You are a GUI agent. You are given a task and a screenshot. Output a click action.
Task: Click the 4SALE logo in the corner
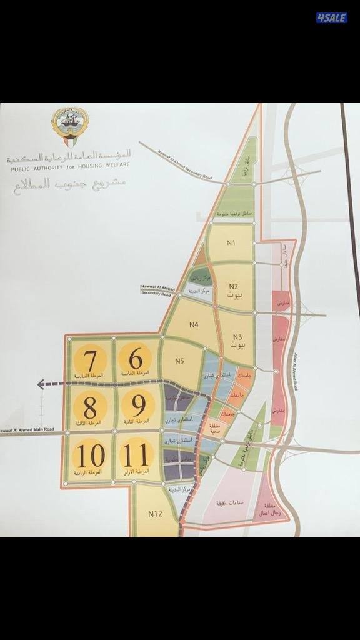click(x=331, y=17)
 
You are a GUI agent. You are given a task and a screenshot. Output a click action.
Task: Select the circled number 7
click(x=90, y=361)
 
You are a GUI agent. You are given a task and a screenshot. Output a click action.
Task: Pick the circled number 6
click(x=139, y=359)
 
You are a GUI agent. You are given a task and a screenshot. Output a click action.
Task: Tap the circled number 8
click(x=90, y=408)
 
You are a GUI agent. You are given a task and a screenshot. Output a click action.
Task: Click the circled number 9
click(x=139, y=407)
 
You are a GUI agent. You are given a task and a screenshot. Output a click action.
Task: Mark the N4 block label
click(x=194, y=324)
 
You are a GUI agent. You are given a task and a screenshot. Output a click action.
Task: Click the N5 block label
click(x=180, y=361)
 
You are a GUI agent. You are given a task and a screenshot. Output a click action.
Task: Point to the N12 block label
click(x=156, y=513)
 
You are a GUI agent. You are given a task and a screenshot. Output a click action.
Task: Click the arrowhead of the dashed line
click(x=41, y=384)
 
